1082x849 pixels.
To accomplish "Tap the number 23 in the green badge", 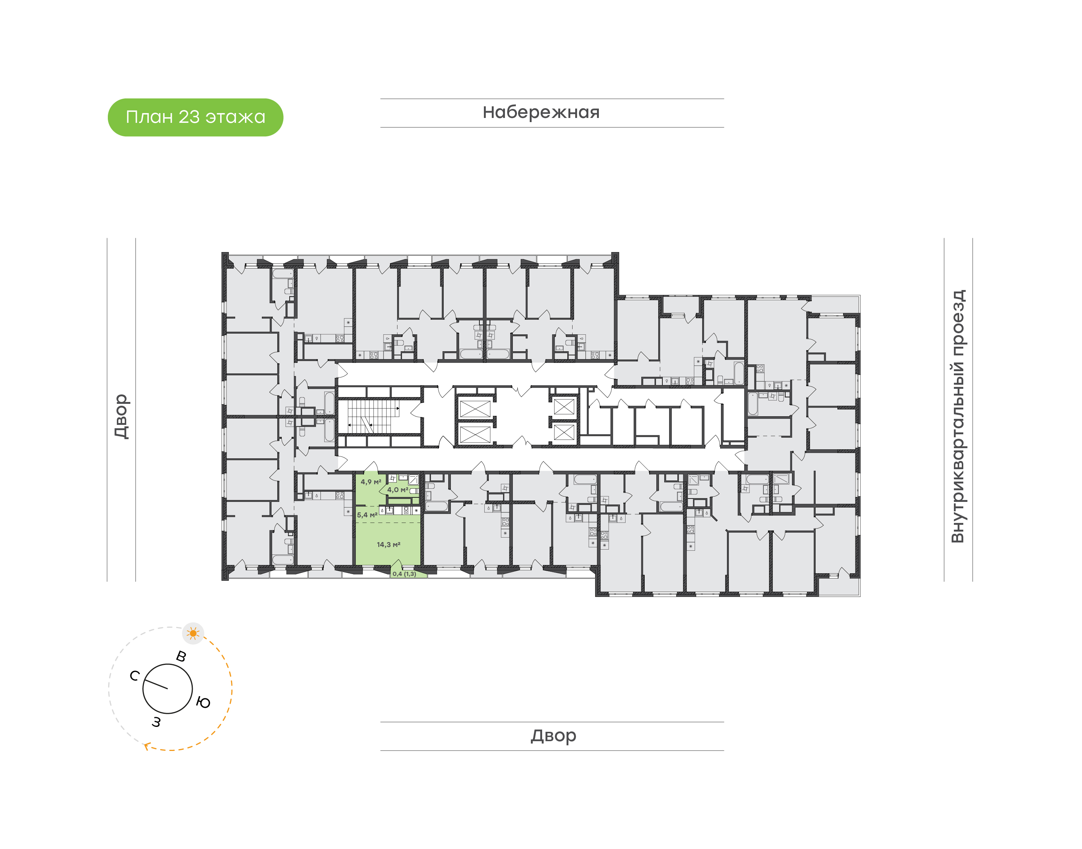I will tap(189, 117).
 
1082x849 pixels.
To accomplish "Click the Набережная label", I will tap(541, 113).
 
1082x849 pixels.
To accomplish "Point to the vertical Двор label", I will tap(121, 417).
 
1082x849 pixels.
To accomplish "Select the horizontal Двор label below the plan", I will tap(553, 736).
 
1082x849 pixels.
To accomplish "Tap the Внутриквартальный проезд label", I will tap(957, 417).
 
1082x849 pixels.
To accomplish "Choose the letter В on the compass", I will tap(181, 657).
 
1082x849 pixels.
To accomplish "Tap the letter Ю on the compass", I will tap(203, 702).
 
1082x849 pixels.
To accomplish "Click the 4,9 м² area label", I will tap(371, 482).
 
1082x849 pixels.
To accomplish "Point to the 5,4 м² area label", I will tap(367, 515).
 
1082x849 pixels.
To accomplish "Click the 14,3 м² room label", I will tap(388, 545).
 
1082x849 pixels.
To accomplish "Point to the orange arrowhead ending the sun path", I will tap(147, 746).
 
